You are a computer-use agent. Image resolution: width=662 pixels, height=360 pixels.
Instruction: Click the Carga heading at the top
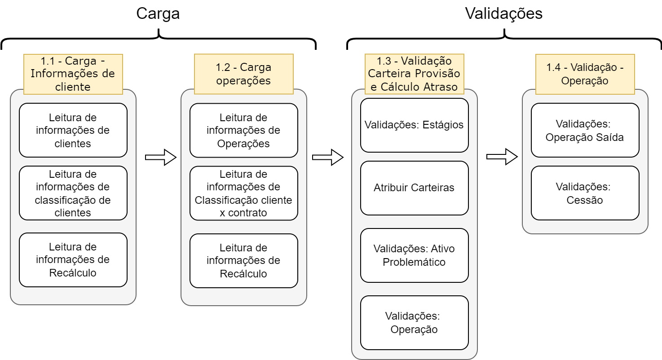pos(158,13)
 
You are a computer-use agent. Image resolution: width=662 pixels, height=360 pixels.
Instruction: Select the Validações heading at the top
pos(504,13)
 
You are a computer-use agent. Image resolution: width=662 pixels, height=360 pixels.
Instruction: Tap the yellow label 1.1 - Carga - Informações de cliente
pos(73,74)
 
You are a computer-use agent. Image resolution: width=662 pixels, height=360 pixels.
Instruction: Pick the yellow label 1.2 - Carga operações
pos(243,74)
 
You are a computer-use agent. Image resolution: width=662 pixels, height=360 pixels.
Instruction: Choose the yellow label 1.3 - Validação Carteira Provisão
pos(414,74)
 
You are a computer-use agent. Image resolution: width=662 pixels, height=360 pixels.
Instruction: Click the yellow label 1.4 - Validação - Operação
pos(585,74)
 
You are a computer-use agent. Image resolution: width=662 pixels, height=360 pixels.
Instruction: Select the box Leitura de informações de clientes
pos(73,130)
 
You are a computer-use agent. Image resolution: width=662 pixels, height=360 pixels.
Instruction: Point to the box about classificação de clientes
pos(73,193)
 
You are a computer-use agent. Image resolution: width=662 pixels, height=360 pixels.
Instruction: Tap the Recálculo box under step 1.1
pos(73,260)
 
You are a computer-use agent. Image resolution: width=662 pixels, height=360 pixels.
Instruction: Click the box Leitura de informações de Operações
pos(243,130)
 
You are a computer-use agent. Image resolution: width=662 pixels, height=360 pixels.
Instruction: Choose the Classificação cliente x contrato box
pos(243,193)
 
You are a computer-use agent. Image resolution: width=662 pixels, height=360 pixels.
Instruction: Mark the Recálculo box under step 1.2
pos(243,261)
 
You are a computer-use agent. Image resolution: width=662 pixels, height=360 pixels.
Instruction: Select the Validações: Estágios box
pos(414,125)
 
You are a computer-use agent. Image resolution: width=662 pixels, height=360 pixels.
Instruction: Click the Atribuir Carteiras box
pos(414,188)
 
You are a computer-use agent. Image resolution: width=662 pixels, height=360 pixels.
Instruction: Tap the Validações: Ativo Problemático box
pos(414,255)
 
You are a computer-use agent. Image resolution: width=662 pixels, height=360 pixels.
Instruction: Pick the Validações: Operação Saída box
pos(585,130)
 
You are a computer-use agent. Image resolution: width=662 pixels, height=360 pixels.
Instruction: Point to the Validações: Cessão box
pos(585,193)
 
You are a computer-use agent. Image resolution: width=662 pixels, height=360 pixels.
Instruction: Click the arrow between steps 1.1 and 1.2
pos(161,157)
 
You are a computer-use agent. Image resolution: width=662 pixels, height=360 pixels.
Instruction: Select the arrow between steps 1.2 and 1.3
pos(328,157)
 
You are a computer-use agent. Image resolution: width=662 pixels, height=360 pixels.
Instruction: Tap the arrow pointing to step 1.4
pos(502,157)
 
